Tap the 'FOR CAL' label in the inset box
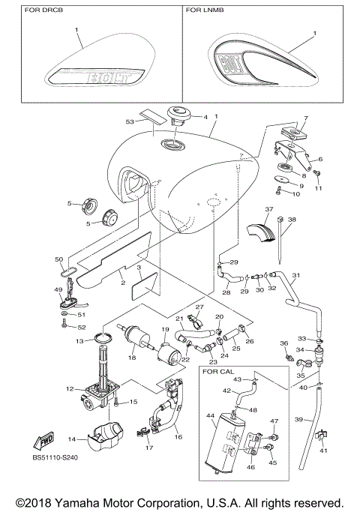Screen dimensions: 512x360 click(220, 370)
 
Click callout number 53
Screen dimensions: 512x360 click(130, 121)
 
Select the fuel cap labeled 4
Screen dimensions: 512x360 click(180, 115)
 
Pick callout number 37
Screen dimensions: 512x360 click(268, 209)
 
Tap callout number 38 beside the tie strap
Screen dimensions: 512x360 click(292, 220)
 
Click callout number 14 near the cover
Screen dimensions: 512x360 click(72, 439)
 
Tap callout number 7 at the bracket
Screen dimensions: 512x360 click(305, 119)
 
